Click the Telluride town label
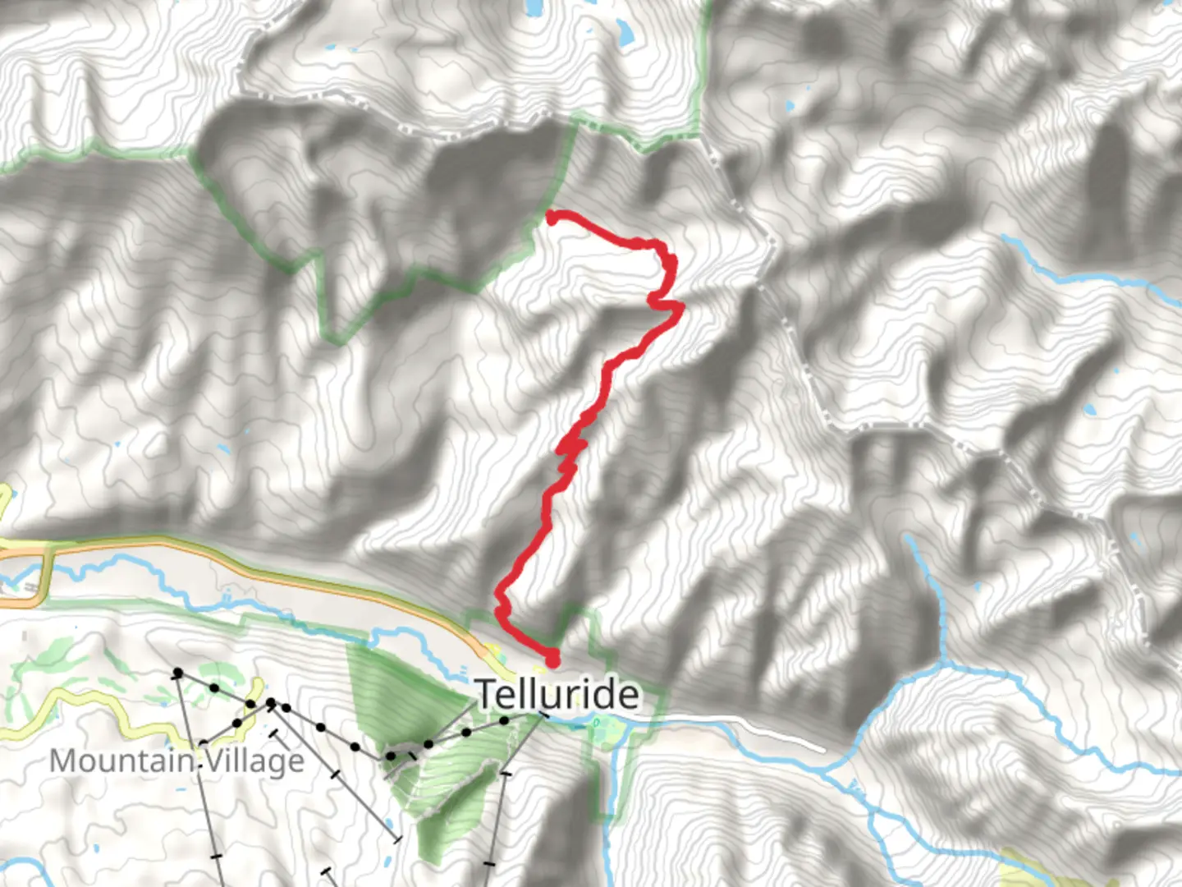tap(558, 695)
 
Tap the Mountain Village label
tap(176, 761)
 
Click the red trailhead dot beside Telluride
tap(552, 658)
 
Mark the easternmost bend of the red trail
tap(679, 307)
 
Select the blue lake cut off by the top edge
tap(534, 7)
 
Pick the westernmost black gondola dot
tap(177, 673)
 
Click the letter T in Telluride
tap(487, 695)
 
